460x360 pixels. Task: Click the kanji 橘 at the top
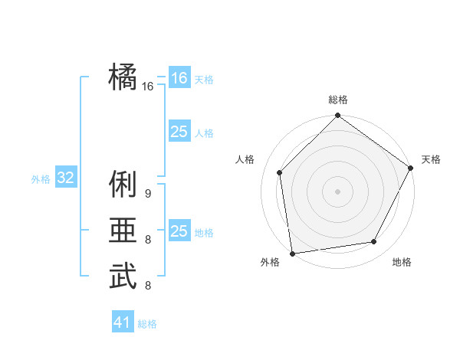[x=123, y=77]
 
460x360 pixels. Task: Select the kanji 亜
[x=123, y=231]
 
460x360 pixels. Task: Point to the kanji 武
[x=123, y=276]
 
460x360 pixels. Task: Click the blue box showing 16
[x=179, y=78]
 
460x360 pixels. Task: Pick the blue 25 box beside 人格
[x=179, y=132]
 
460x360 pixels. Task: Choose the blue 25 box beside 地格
[x=179, y=231]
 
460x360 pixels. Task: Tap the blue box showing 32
[x=66, y=178]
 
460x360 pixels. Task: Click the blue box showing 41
[x=123, y=322]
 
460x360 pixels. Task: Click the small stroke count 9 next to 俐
[x=148, y=194]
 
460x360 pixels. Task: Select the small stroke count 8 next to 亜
[x=148, y=240]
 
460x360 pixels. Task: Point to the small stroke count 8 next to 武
[x=148, y=286]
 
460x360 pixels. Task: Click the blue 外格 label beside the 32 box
[x=41, y=179]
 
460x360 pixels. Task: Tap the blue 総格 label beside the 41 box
[x=147, y=324]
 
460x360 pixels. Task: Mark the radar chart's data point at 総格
[x=337, y=116]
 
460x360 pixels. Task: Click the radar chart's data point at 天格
[x=411, y=169]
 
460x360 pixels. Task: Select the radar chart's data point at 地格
[x=374, y=242]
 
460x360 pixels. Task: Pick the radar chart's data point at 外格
[x=292, y=253]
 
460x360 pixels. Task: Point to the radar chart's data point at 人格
[x=280, y=172]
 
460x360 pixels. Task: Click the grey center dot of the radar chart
[x=337, y=191]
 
